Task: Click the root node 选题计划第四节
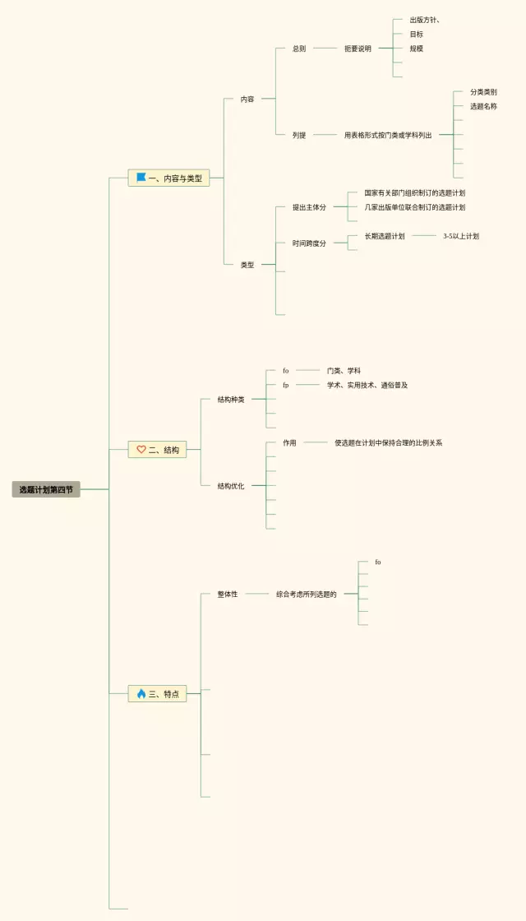coord(46,489)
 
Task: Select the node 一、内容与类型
coord(168,178)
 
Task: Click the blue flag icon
coord(141,178)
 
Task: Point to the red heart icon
coord(141,450)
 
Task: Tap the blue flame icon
coord(141,694)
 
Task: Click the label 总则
coord(299,49)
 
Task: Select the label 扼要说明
coord(358,49)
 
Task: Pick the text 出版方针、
coord(430,20)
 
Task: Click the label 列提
coord(299,135)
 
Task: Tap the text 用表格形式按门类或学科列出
coord(388,135)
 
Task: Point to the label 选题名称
coord(483,106)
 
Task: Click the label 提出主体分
coord(309,207)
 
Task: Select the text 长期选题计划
coord(385,236)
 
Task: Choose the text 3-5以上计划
coord(461,236)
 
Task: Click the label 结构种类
coord(231,400)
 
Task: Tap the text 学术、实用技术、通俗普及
coord(367,385)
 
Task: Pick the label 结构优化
coord(231,486)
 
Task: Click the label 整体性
coord(228,594)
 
